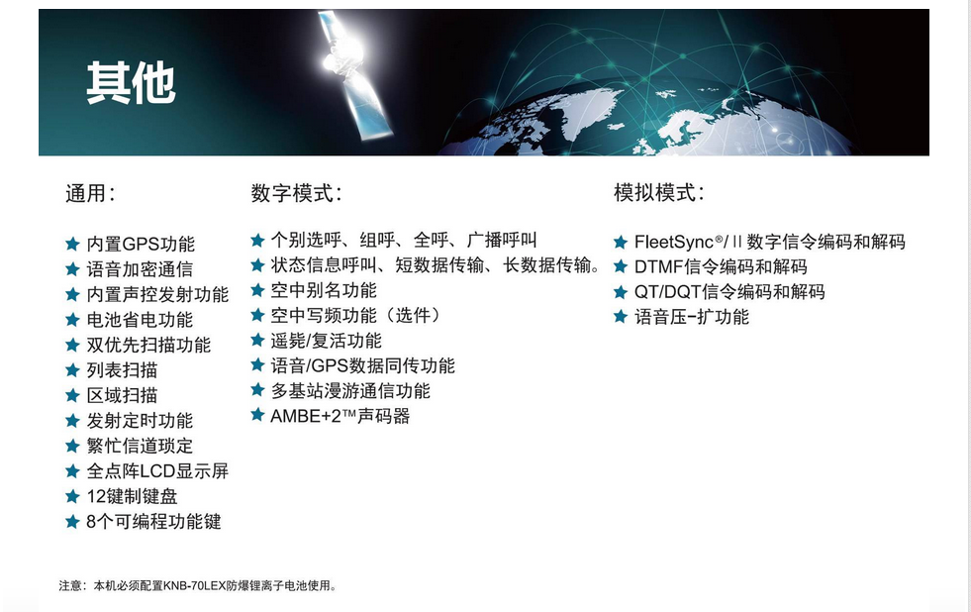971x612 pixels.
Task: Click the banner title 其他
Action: [x=132, y=82]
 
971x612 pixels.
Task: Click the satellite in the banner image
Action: [x=353, y=74]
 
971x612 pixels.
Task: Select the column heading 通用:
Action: [x=90, y=193]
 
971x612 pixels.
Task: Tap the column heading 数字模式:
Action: [x=297, y=193]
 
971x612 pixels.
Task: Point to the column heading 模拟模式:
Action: [x=659, y=193]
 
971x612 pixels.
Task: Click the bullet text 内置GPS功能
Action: [x=141, y=244]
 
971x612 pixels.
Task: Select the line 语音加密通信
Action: [x=140, y=269]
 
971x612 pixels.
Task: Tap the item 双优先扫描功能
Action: [x=148, y=345]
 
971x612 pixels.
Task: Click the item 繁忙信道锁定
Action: [x=140, y=446]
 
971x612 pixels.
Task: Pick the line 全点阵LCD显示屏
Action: [x=157, y=471]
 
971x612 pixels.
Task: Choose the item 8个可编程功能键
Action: [x=153, y=522]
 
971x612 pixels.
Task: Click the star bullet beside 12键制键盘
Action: [x=72, y=496]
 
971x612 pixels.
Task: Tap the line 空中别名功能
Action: [x=324, y=290]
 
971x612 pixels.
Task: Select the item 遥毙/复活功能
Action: [x=327, y=341]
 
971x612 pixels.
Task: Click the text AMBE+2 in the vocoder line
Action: [x=306, y=416]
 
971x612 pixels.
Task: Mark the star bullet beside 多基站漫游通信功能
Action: [x=257, y=390]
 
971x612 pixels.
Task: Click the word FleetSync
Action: [x=674, y=242]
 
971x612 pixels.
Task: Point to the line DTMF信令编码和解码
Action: [x=721, y=267]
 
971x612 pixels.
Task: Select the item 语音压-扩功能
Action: [x=692, y=317]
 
